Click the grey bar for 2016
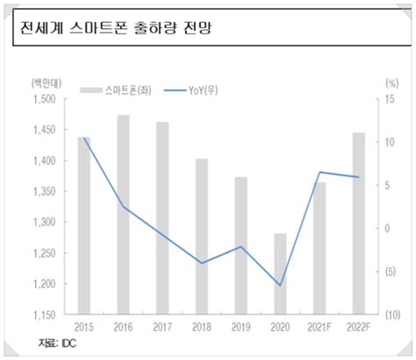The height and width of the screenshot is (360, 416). (x=124, y=214)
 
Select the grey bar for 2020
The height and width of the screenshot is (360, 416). (x=280, y=273)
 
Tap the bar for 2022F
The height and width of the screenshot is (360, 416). (x=358, y=223)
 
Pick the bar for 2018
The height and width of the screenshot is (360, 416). (x=202, y=236)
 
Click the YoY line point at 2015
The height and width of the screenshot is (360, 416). (x=84, y=139)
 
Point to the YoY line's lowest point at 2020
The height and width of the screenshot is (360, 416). (x=280, y=285)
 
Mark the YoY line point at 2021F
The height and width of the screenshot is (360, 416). (x=319, y=172)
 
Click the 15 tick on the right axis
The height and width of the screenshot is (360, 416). (x=391, y=99)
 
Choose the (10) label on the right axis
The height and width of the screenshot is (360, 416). (x=391, y=315)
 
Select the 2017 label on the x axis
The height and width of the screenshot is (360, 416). (x=163, y=327)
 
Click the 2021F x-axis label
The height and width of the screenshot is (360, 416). (x=319, y=327)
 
